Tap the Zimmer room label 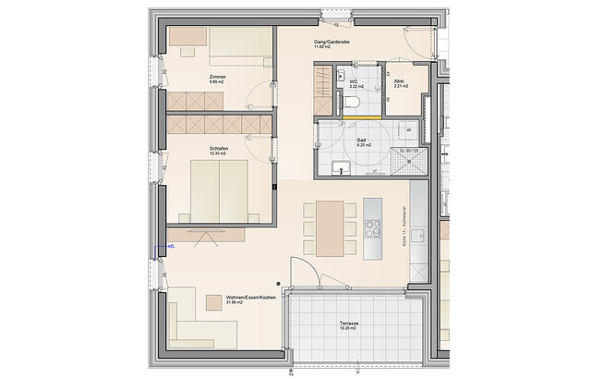click(218, 77)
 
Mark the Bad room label click(364, 140)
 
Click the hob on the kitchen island click(374, 226)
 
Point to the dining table click(330, 228)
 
